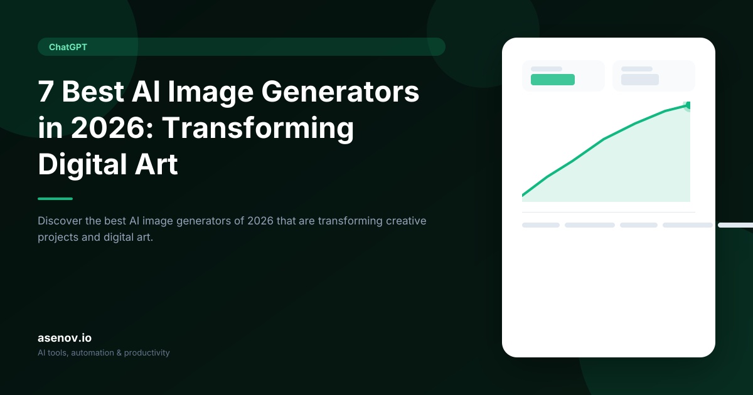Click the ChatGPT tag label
click(68, 47)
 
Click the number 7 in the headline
click(46, 92)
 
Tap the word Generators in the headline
click(340, 92)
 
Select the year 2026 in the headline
click(108, 128)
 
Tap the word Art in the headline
click(156, 164)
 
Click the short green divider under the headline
click(55, 199)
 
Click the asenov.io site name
click(65, 338)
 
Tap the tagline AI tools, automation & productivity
click(104, 352)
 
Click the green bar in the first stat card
click(553, 80)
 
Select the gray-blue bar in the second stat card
click(639, 80)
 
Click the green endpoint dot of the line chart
click(688, 106)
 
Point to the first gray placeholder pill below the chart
click(540, 225)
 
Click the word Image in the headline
click(210, 93)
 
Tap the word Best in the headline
click(93, 92)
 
